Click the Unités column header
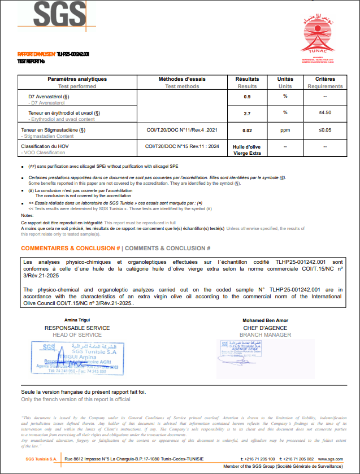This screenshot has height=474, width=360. pyautogui.click(x=285, y=79)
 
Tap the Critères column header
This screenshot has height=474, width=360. pyautogui.click(x=325, y=79)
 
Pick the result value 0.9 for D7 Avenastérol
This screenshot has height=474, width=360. pyautogui.click(x=247, y=97)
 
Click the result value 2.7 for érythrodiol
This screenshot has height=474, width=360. pyautogui.click(x=247, y=114)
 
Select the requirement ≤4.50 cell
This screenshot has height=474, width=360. pyautogui.click(x=325, y=112)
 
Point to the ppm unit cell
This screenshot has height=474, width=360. pyautogui.click(x=285, y=131)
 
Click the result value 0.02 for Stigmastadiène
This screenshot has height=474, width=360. pyautogui.click(x=247, y=131)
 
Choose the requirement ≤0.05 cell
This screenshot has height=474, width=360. pyautogui.click(x=325, y=131)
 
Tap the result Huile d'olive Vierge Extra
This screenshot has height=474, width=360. pyautogui.click(x=247, y=150)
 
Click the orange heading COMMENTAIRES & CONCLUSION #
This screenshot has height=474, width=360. pyautogui.click(x=71, y=249)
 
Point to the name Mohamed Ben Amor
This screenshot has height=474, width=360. pyautogui.click(x=265, y=320)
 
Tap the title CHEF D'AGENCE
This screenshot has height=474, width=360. pyautogui.click(x=265, y=328)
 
